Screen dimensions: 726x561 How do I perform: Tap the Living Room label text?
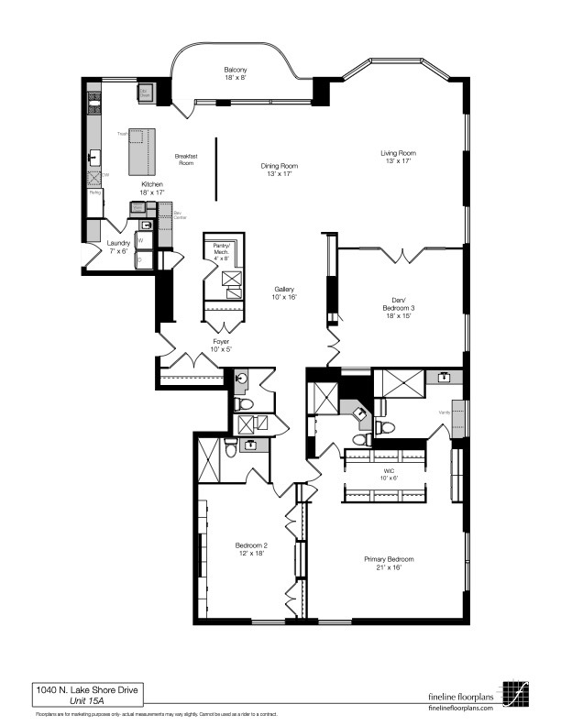click(399, 153)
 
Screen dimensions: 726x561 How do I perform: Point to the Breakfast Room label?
click(186, 159)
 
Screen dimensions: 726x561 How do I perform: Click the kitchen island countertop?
click(143, 151)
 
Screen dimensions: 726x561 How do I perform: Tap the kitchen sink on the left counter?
click(93, 158)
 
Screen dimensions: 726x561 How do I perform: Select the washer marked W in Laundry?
click(142, 241)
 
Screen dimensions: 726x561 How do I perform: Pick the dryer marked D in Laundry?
click(142, 260)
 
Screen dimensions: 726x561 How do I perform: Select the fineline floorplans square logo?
click(514, 691)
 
